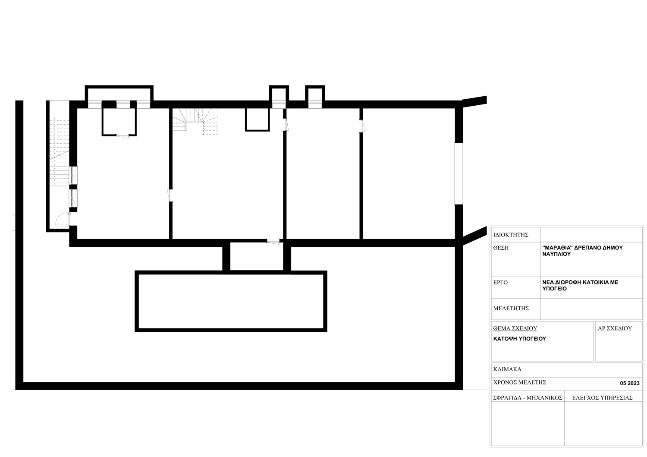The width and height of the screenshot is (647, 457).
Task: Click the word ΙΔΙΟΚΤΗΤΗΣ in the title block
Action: coord(511,235)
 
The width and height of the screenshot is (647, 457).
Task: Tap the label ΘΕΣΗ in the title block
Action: coord(501,248)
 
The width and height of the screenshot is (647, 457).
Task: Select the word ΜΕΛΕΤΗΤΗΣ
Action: coord(511,309)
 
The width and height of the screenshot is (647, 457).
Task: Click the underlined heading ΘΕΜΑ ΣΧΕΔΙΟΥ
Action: coord(515,328)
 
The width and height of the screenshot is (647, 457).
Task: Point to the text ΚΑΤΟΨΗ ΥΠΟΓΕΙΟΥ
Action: coord(520,339)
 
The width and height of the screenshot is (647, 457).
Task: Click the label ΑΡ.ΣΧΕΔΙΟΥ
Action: coord(615,328)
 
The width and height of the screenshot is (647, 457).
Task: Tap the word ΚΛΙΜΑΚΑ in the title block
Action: coord(508,369)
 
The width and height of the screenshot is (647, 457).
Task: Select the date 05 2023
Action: coord(630,383)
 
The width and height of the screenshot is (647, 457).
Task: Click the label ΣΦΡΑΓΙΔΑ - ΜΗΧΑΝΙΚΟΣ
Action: coord(528,398)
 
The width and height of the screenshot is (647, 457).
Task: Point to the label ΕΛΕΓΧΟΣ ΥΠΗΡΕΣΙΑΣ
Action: coord(602,398)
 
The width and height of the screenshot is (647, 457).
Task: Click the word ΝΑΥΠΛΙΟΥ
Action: coord(556,254)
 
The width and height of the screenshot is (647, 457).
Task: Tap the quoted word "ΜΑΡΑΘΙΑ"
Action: coord(557,248)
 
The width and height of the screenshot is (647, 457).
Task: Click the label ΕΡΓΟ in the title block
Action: coord(500,282)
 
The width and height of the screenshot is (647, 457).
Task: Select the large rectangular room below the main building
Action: coord(231,301)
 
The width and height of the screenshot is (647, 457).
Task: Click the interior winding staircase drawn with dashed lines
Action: coord(195,121)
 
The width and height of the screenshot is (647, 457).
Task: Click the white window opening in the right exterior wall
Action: coord(459,173)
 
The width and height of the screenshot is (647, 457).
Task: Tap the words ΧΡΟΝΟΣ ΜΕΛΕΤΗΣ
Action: coord(519,382)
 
